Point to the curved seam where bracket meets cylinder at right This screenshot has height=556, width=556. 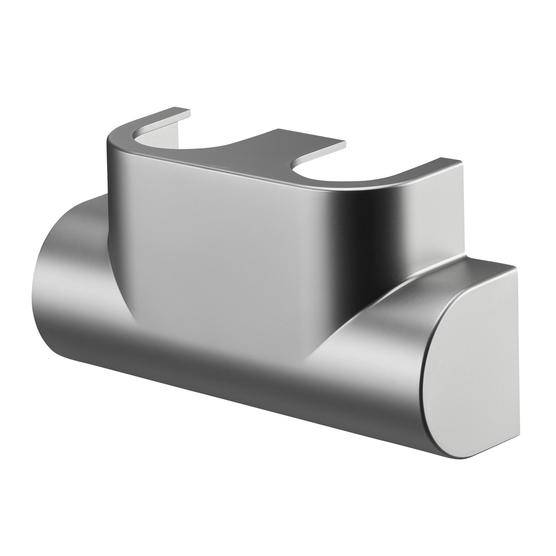click(356, 308)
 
